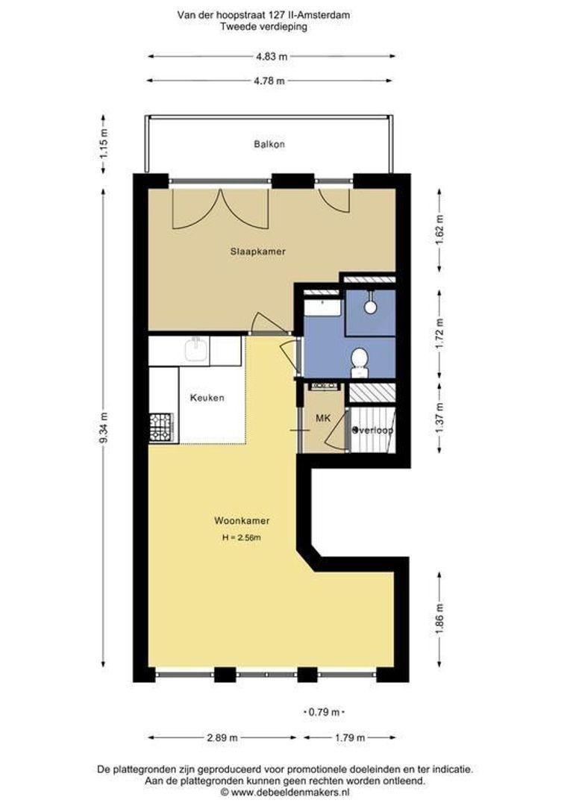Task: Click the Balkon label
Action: [x=269, y=145]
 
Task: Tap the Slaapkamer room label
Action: [x=257, y=252]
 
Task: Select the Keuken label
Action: [x=207, y=398]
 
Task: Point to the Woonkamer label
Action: [x=242, y=521]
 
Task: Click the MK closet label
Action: [x=323, y=419]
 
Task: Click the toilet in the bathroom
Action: [x=360, y=362]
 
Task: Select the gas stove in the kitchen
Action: [x=161, y=428]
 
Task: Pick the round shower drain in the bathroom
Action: [x=370, y=307]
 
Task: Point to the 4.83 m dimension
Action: [x=272, y=57]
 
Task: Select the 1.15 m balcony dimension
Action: [x=103, y=145]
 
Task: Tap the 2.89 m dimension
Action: [x=222, y=737]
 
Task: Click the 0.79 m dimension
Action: [x=323, y=713]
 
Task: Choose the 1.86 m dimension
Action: [x=439, y=619]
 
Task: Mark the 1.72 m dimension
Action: [x=439, y=333]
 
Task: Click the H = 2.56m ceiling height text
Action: [x=242, y=538]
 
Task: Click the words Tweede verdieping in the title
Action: [x=263, y=27]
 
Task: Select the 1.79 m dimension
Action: [x=350, y=737]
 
